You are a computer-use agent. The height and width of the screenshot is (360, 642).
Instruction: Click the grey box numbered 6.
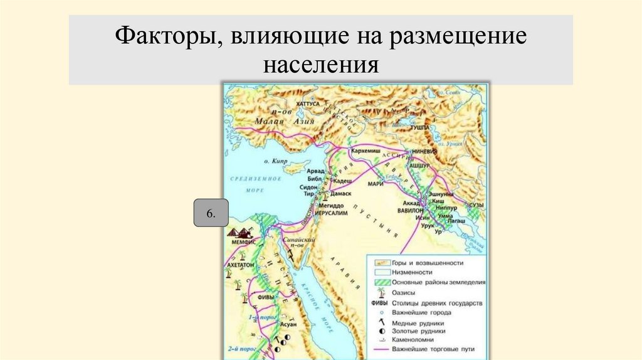[210, 214]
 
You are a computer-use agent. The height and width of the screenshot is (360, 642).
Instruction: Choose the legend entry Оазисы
[403, 292]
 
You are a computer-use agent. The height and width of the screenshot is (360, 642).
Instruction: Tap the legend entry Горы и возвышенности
[427, 263]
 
